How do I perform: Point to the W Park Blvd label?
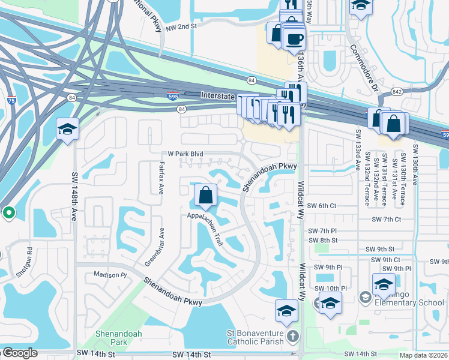pos(186,154)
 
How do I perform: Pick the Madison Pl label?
pos(110,275)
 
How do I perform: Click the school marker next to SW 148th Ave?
pos(67,128)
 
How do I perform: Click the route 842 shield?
pos(397,91)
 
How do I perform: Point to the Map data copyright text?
pos(423,355)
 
